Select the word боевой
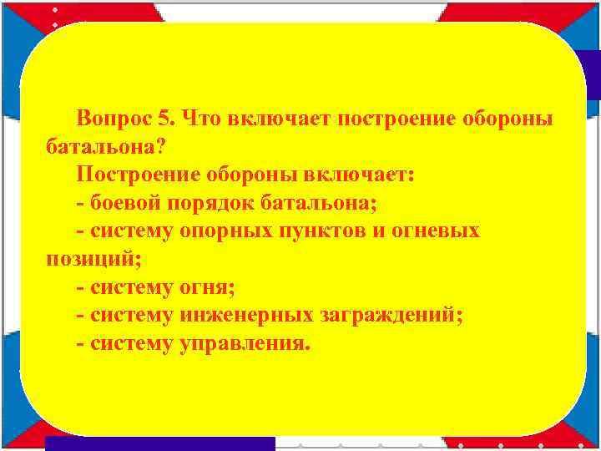pos(126,202)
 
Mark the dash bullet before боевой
pos(79,203)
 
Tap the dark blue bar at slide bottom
pos(159,443)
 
